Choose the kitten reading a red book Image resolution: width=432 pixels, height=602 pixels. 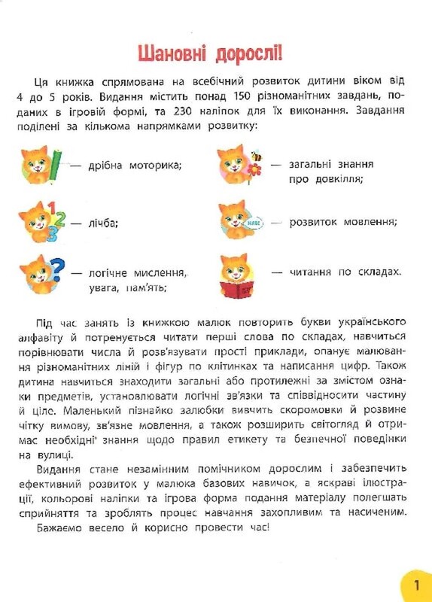pyautogui.click(x=237, y=274)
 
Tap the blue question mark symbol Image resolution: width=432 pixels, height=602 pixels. pyautogui.click(x=56, y=269)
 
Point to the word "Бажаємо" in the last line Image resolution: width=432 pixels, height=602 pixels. pyautogui.click(x=57, y=528)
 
